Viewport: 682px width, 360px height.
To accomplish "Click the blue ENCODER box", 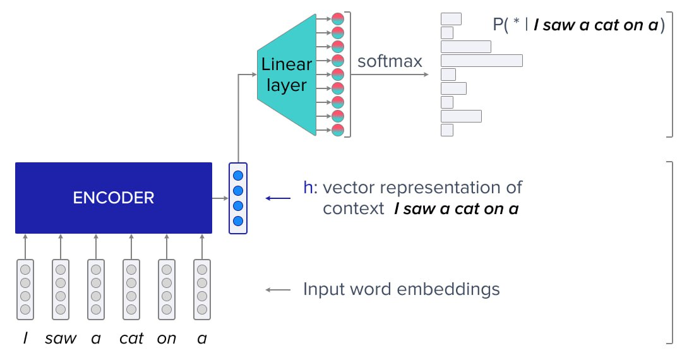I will pyautogui.click(x=114, y=198).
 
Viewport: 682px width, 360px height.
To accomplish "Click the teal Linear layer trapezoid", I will pyautogui.click(x=286, y=75).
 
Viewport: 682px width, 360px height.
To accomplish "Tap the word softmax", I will pyautogui.click(x=390, y=61).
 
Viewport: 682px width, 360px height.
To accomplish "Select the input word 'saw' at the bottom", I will pyautogui.click(x=61, y=339).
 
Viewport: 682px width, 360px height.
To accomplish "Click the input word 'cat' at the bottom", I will pyautogui.click(x=131, y=339).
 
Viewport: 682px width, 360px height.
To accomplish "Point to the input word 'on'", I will pyautogui.click(x=167, y=339).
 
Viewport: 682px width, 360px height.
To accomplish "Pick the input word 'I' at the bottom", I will pyautogui.click(x=25, y=339).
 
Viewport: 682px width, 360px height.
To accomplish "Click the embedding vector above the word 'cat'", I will pyautogui.click(x=131, y=289).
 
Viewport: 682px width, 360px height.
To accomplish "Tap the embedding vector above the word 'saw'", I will pyautogui.click(x=61, y=289).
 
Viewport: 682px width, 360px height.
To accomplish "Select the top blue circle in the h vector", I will pyautogui.click(x=238, y=176).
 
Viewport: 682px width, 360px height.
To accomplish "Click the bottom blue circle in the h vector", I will pyautogui.click(x=238, y=221).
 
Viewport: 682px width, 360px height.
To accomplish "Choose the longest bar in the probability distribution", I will pyautogui.click(x=482, y=61).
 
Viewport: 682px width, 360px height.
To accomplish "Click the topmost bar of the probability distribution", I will pyautogui.click(x=451, y=19).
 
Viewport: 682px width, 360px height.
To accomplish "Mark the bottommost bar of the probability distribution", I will pyautogui.click(x=447, y=130).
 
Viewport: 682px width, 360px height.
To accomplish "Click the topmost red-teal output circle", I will pyautogui.click(x=338, y=19).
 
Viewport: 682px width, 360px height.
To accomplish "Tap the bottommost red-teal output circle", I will pyautogui.click(x=338, y=130).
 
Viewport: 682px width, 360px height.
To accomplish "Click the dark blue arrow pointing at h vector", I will pyautogui.click(x=278, y=198).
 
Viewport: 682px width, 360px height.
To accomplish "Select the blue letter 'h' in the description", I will pyautogui.click(x=308, y=188).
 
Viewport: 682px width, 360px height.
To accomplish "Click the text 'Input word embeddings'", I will pyautogui.click(x=402, y=289).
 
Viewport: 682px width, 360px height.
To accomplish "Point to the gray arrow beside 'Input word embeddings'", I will pyautogui.click(x=278, y=290).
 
